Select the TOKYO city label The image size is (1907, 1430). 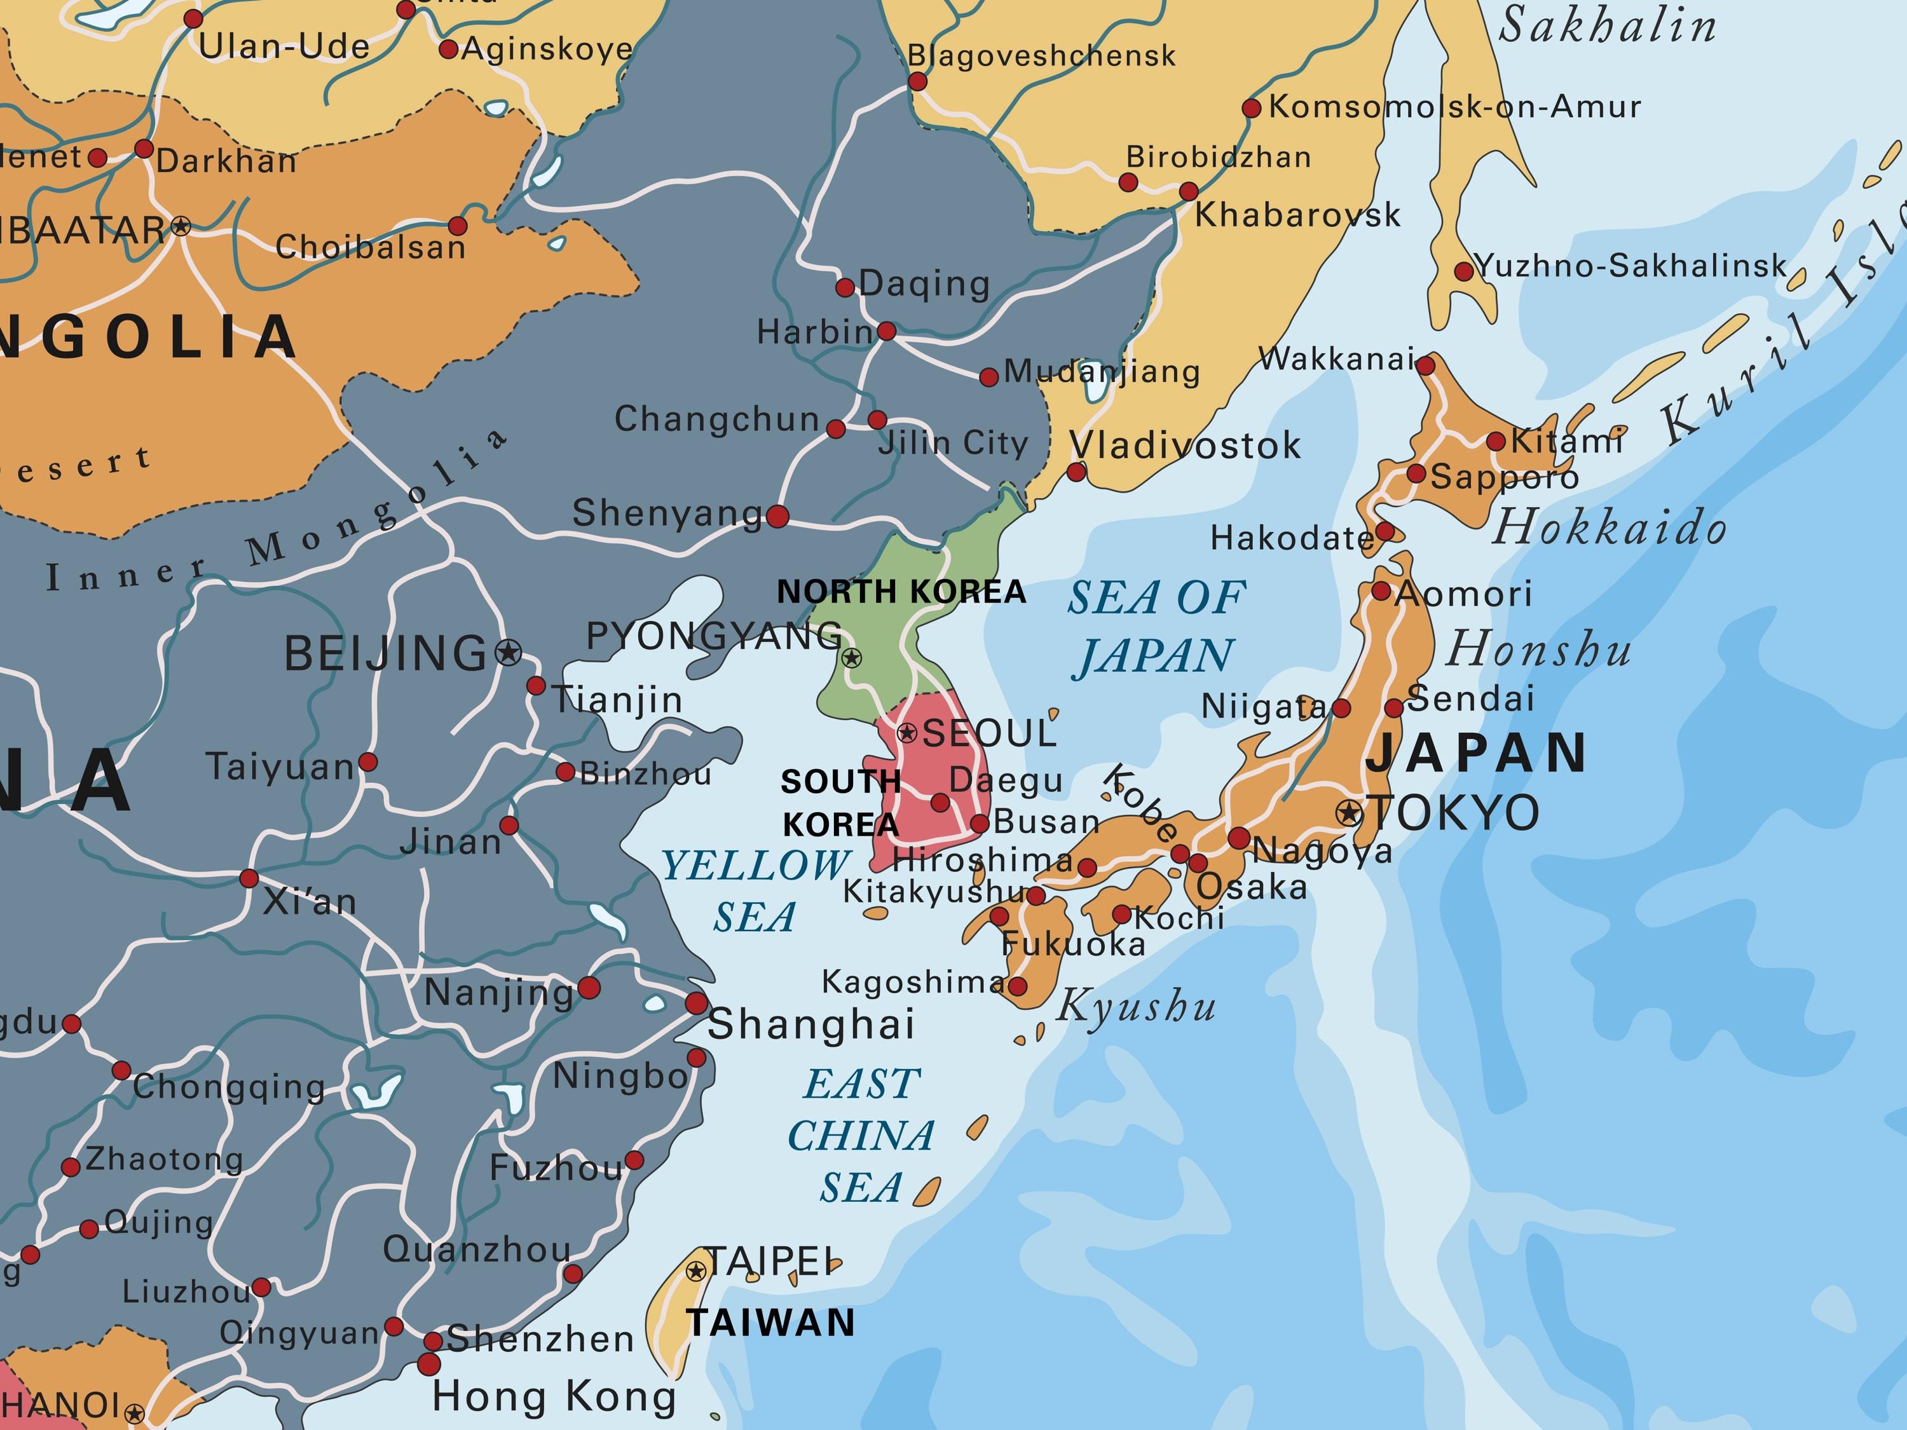click(1454, 813)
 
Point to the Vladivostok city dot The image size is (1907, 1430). click(1077, 472)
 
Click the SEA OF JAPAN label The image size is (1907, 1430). click(1157, 627)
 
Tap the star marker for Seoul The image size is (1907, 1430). click(907, 733)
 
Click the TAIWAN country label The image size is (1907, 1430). click(770, 1322)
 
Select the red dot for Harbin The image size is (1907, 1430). click(886, 331)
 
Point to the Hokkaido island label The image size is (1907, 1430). click(1610, 527)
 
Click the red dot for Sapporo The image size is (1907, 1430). click(1416, 473)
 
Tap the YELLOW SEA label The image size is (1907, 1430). click(755, 890)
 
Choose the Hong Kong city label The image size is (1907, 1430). click(554, 1396)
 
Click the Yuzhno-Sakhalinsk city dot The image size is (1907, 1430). click(1464, 271)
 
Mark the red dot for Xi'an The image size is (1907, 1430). click(249, 878)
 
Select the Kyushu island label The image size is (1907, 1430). click(1137, 1005)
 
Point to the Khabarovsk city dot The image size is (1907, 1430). click(1189, 191)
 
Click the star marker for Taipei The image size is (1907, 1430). click(695, 1270)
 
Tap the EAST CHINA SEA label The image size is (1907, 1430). click(861, 1135)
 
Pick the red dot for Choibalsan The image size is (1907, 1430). click(458, 226)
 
